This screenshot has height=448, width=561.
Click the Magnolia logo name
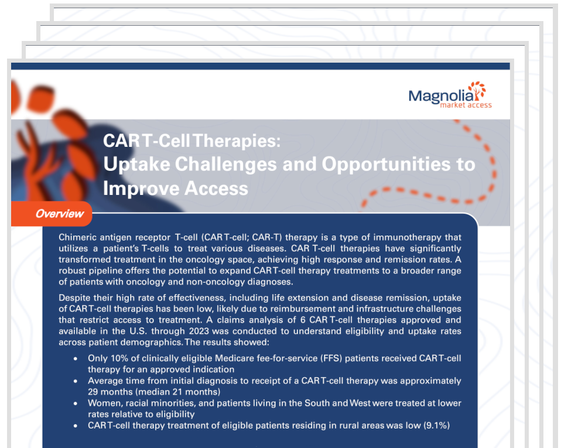click(441, 97)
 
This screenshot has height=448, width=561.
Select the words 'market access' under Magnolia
click(466, 105)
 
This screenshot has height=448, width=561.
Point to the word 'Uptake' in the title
click(136, 165)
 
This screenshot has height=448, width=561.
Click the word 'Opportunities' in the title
click(386, 165)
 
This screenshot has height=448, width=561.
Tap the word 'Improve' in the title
click(141, 189)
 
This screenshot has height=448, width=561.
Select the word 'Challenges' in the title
click(225, 164)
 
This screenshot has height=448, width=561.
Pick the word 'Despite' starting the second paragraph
click(74, 297)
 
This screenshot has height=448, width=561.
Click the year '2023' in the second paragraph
click(199, 331)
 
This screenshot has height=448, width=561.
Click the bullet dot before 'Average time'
click(76, 381)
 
